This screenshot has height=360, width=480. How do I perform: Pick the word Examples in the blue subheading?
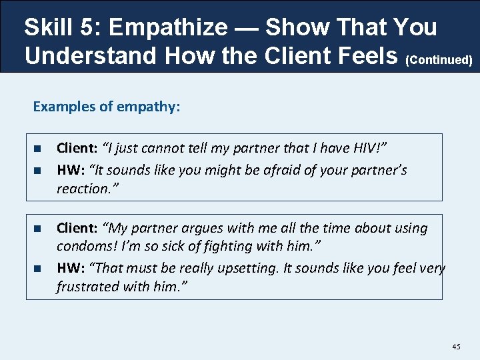(63, 107)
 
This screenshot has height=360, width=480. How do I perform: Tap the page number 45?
(456, 347)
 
